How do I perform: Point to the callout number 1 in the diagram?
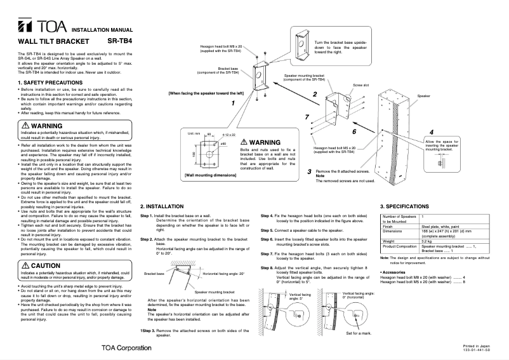coord(233,102)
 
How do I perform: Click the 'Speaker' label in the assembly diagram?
coord(423,95)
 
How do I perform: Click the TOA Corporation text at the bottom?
coord(126,347)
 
